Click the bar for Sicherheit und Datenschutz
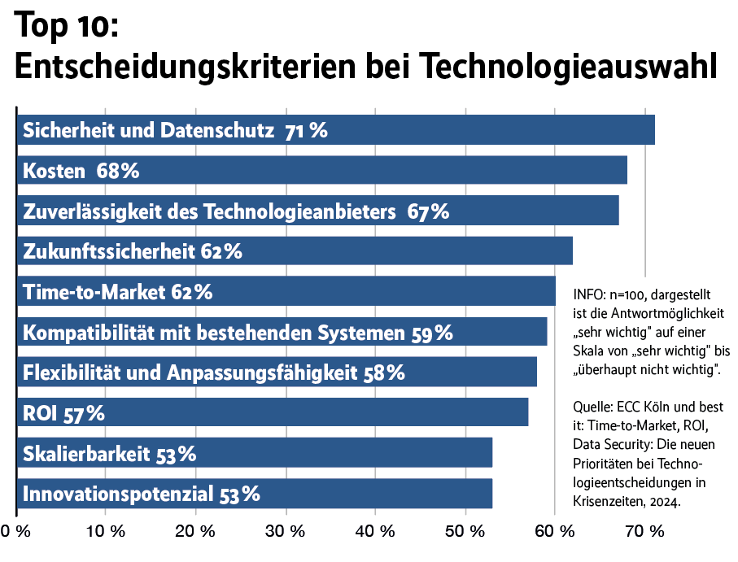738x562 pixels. pos(335,130)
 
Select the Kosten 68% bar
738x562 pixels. pos(321,171)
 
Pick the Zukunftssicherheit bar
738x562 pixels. pos(295,251)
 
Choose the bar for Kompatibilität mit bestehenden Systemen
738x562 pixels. pos(282,332)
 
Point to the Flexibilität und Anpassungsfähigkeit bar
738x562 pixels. pos(277,372)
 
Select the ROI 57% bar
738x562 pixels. pos(273,412)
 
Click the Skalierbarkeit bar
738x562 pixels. pos(254,453)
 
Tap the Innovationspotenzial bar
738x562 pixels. pos(254,493)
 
